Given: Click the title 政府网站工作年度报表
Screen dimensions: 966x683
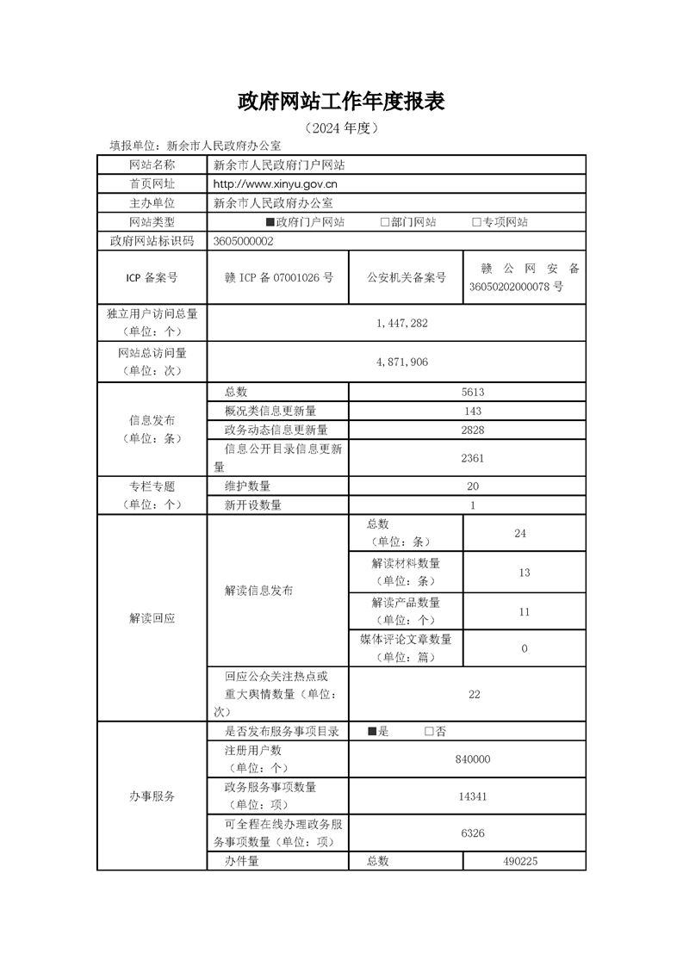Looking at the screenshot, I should point(341,102).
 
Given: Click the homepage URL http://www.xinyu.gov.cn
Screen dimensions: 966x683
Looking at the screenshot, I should point(275,183).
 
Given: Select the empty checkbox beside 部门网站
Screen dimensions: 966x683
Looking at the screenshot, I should point(384,222).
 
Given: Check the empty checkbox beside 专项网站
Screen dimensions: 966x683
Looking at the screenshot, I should point(475,222).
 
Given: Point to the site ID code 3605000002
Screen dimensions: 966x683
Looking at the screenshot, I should point(243,242).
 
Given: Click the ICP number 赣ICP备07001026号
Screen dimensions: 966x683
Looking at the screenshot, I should point(278,277).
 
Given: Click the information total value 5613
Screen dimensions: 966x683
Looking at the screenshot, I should point(473,392).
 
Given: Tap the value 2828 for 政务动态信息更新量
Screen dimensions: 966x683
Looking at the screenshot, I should point(472,430).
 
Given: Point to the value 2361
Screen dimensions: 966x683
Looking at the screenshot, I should point(472,458).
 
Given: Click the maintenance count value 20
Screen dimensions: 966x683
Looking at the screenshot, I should point(472,486).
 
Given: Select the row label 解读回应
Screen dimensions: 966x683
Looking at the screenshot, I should point(152,618).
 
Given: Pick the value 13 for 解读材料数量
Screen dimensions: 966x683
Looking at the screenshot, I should point(525,573).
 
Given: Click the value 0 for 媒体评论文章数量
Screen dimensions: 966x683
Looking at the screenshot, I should point(525,648).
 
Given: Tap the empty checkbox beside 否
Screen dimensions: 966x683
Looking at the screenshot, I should point(428,732).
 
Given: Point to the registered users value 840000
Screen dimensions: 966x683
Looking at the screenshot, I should point(472,759).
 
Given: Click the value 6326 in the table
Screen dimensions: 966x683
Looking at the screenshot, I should point(473,833).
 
